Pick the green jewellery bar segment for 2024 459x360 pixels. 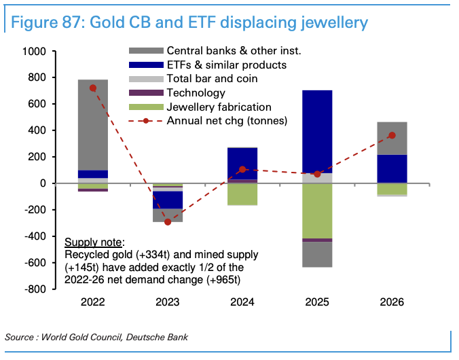pos(242,194)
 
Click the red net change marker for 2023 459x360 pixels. pos(168,222)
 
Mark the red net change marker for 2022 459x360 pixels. pos(93,88)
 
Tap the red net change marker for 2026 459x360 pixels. pos(392,135)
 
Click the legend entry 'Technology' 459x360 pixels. pos(196,92)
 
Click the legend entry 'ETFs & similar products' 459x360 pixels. pos(226,65)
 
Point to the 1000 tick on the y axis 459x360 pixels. pos(34,51)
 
